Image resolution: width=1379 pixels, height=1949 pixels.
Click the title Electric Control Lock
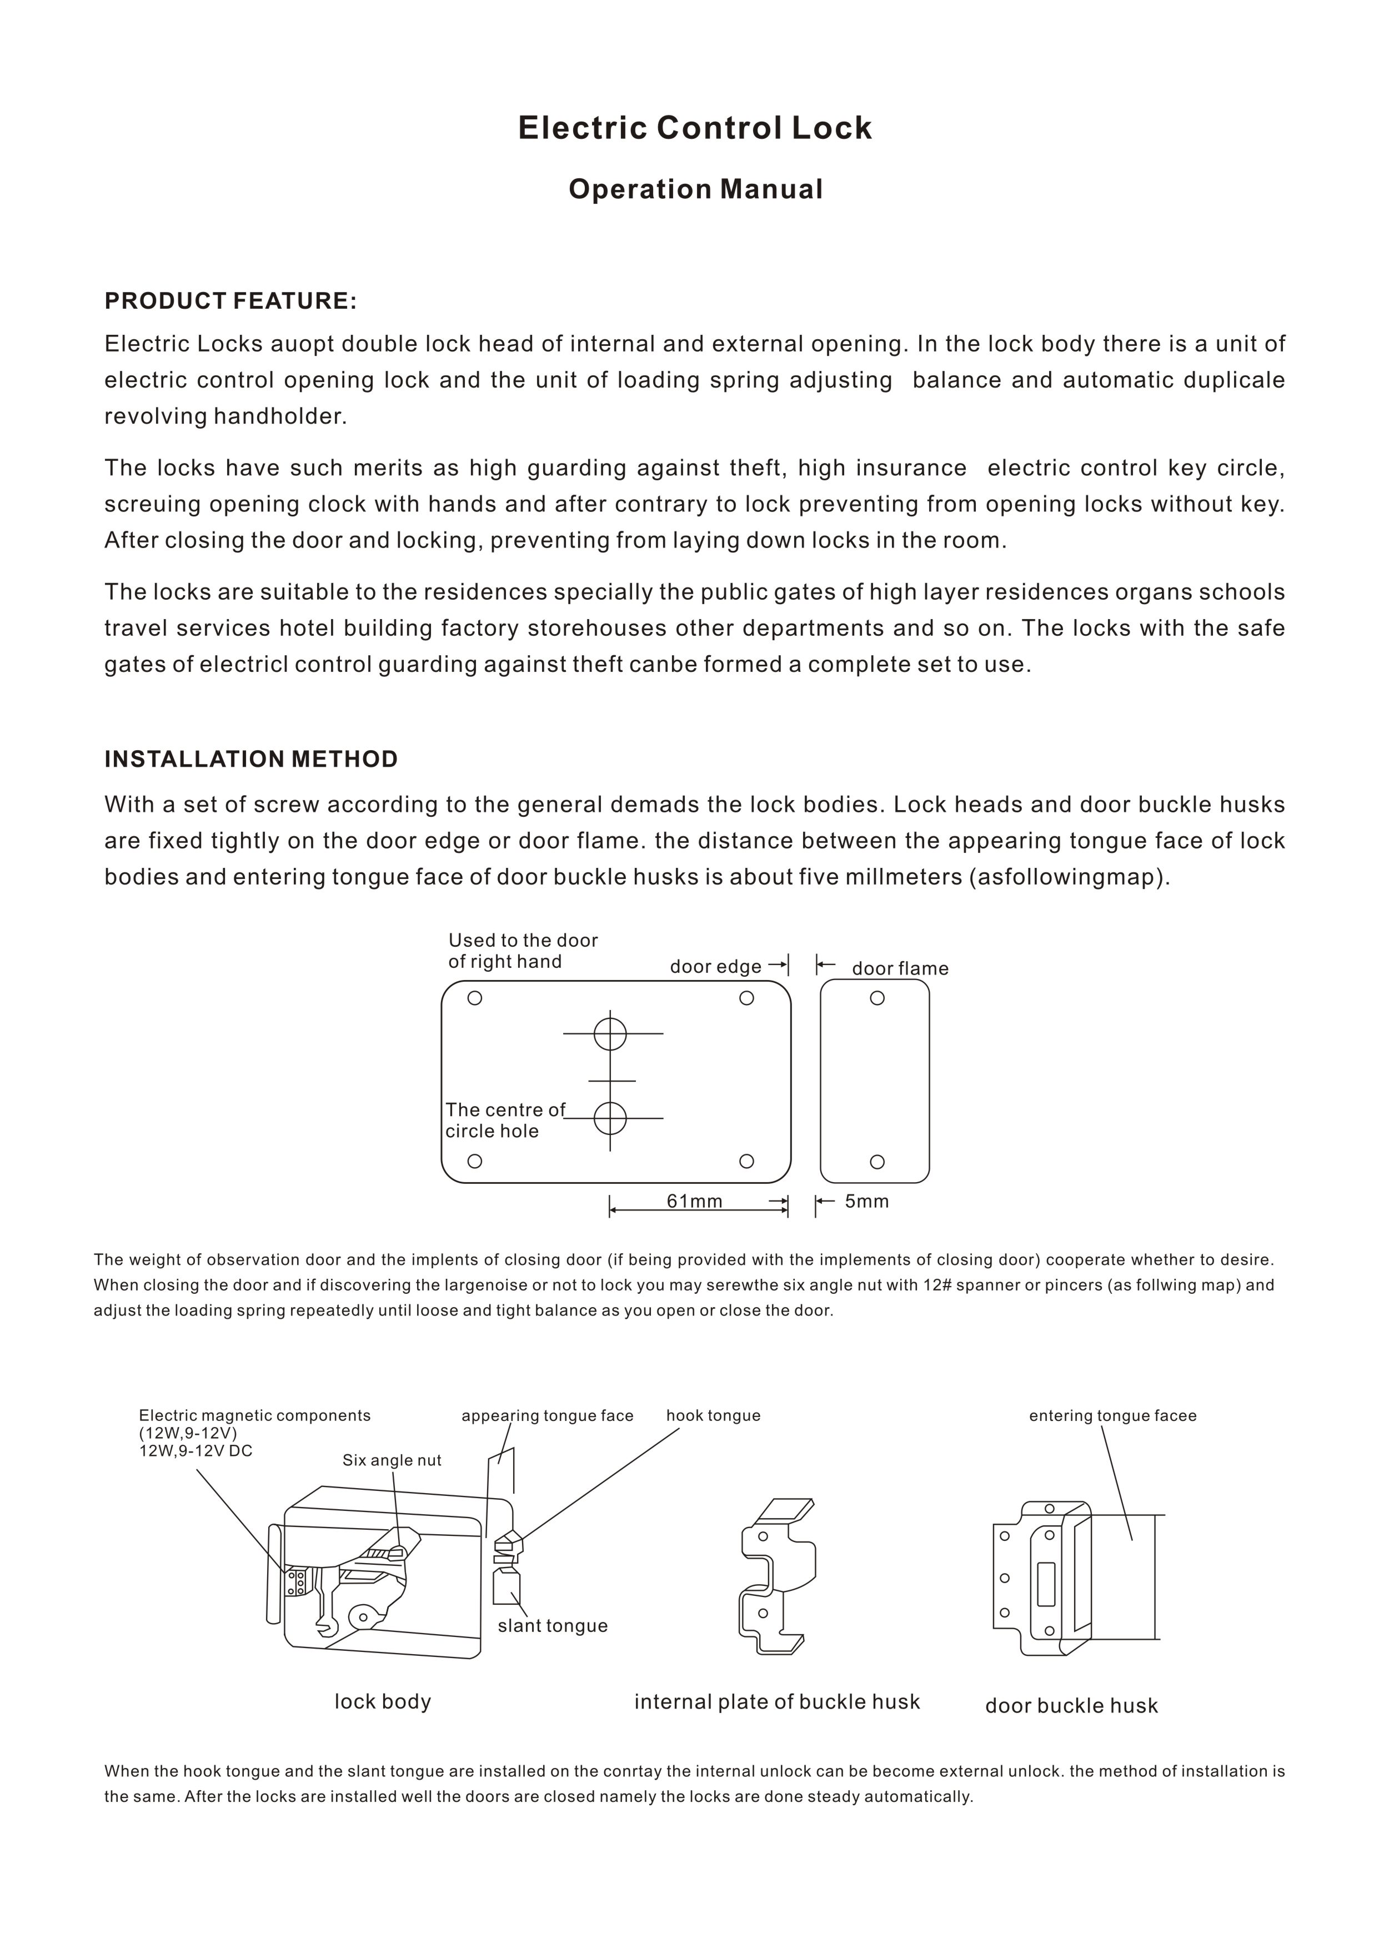pos(695,128)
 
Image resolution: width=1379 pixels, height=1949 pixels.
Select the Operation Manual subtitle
pos(695,189)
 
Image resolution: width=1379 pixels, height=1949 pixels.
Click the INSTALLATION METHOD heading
pos(250,759)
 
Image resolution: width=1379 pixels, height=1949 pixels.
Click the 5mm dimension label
pos(866,1201)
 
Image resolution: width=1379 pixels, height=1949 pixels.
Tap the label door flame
pos(899,968)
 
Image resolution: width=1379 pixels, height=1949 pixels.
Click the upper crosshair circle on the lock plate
pos(610,1034)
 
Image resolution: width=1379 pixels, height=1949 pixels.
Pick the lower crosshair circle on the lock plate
pos(610,1118)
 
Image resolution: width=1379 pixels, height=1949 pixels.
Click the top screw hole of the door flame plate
pos(877,998)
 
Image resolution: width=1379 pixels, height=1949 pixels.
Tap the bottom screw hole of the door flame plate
pos(877,1161)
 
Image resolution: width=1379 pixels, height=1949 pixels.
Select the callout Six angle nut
pos(392,1460)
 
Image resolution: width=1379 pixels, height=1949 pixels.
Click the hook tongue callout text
pos(713,1415)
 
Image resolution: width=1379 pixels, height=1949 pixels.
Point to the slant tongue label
pos(552,1626)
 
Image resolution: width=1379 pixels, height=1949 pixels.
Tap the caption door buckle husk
pos(1071,1705)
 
